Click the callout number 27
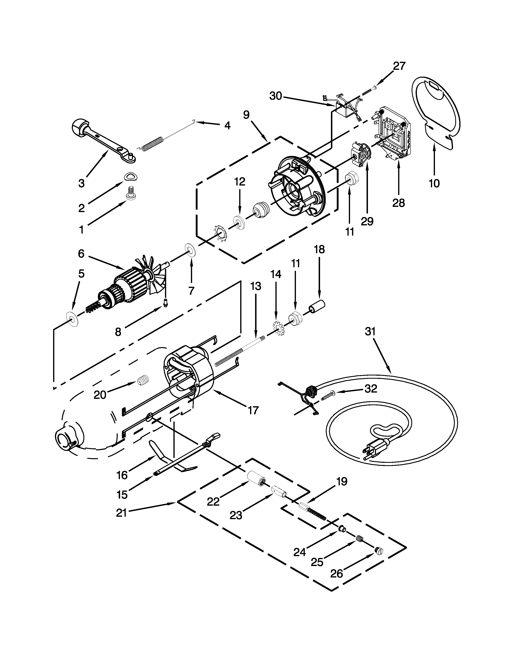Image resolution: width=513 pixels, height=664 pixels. coord(399,66)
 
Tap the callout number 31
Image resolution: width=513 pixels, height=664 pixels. coord(370,331)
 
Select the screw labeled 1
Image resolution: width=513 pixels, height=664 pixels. coord(131,194)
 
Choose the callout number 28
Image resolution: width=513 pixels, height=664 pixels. coord(398,202)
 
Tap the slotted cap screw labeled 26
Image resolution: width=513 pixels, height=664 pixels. coord(379,550)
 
